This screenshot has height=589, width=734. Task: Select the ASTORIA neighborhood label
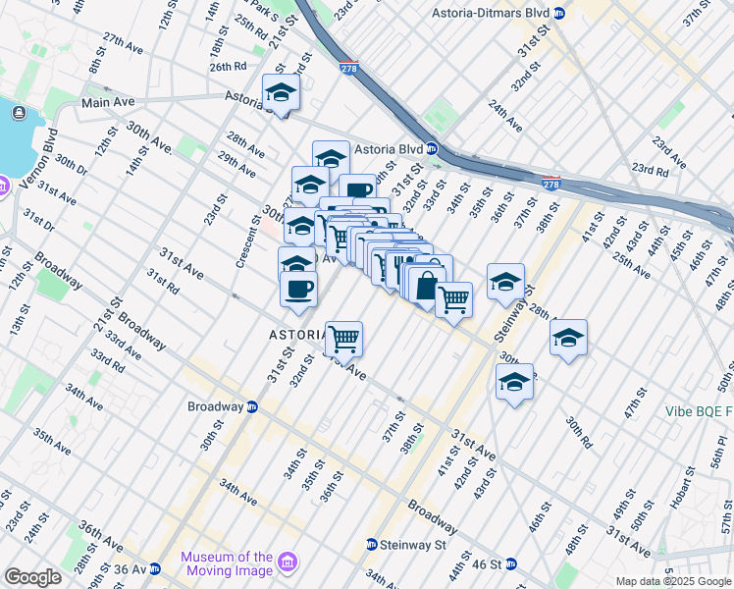point(297,335)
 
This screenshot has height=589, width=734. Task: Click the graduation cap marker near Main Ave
point(281,93)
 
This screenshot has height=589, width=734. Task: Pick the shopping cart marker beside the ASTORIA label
point(343,340)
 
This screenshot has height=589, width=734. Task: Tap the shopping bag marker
point(427,287)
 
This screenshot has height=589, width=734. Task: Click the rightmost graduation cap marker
point(568,338)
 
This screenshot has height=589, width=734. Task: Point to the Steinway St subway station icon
point(372,544)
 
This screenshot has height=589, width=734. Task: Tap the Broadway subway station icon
point(252,406)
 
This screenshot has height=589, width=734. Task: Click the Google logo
point(31,577)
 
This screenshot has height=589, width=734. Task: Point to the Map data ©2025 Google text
point(674,581)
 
